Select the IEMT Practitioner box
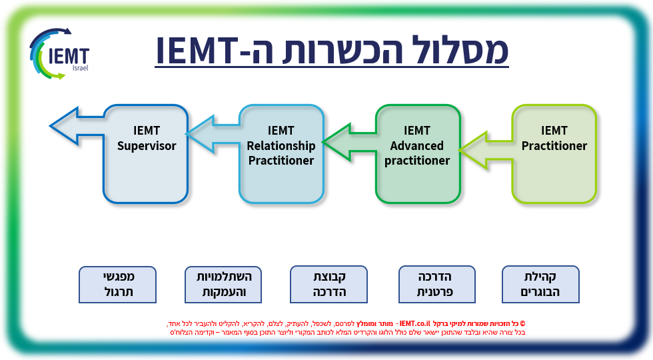554,153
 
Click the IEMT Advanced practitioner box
418,153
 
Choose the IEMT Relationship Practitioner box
281,153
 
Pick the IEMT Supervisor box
146,153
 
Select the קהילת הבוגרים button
540,283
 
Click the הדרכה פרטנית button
436,283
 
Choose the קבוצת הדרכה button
328,283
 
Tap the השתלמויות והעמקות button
223,283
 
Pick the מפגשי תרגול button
117,283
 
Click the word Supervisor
147,146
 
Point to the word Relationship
281,146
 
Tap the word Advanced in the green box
417,146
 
